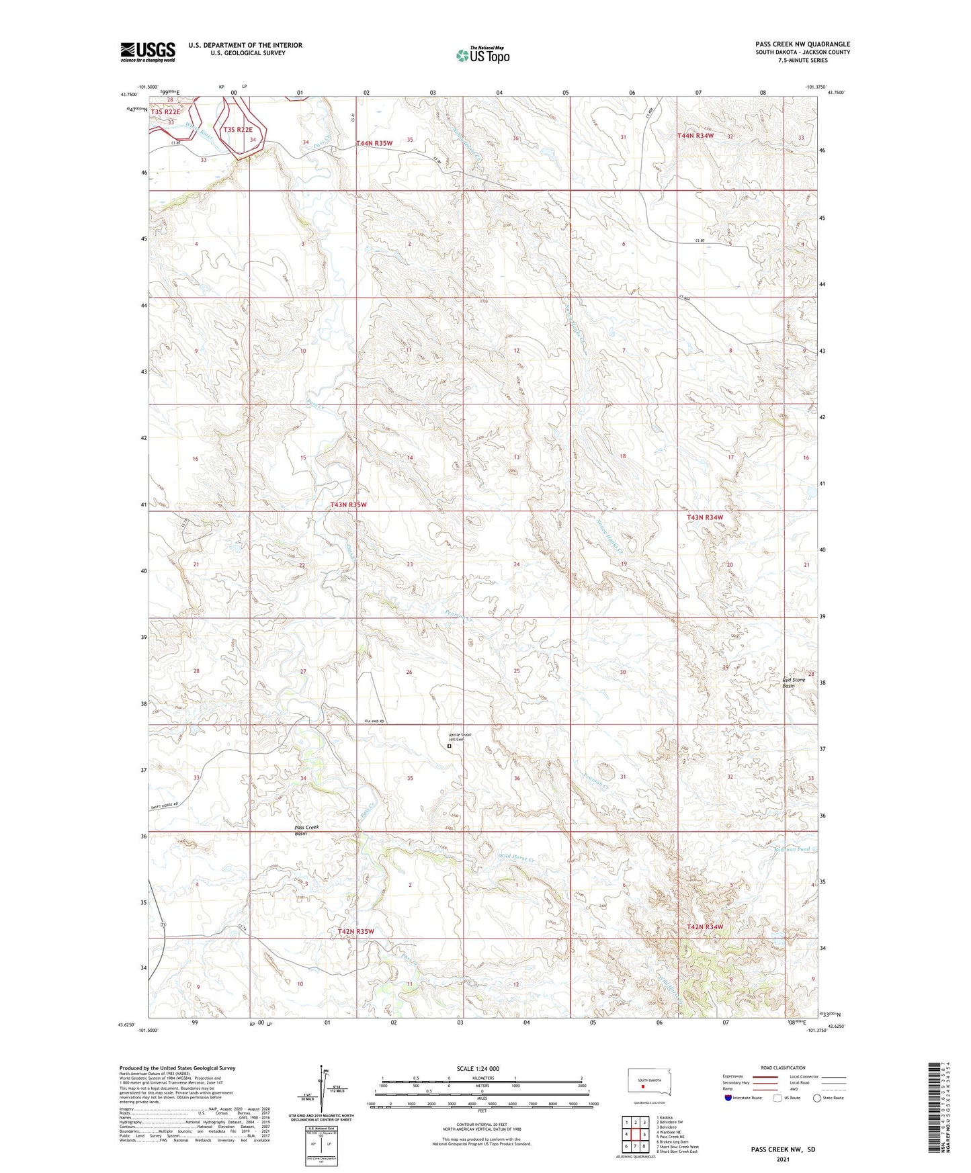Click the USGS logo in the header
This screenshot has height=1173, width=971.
click(x=148, y=52)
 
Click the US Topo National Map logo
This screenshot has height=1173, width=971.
click(x=482, y=54)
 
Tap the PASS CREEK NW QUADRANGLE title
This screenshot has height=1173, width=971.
click(x=802, y=44)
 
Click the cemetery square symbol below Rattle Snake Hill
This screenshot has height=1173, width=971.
click(x=449, y=746)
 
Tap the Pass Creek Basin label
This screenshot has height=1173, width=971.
click(x=306, y=830)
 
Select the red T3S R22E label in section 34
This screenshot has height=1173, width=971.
click(x=238, y=130)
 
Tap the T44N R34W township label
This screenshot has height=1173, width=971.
click(x=695, y=136)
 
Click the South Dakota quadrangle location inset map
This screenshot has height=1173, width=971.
click(x=649, y=1084)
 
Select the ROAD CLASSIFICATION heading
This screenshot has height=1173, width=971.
click(x=783, y=1068)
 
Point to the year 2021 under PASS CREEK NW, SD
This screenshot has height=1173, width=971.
click(x=782, y=1159)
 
